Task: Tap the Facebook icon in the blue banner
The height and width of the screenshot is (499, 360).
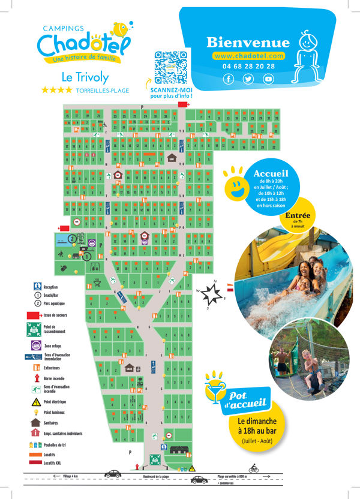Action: tap(228, 79)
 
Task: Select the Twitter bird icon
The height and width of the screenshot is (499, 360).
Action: tap(248, 79)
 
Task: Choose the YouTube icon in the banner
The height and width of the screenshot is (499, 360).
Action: tap(268, 79)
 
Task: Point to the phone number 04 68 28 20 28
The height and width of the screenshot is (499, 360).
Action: tap(248, 66)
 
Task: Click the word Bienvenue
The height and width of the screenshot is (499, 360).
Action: tap(248, 43)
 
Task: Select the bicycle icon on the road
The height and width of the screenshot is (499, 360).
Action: tap(253, 469)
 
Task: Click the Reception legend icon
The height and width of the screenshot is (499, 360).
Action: tap(37, 286)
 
